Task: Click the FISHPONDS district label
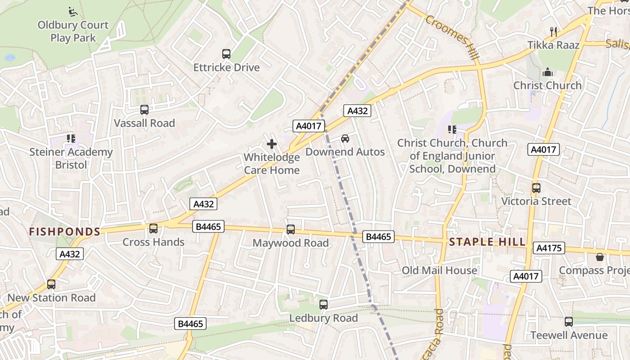pyautogui.click(x=64, y=232)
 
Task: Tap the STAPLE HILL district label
pyautogui.click(x=487, y=242)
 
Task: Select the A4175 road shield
pyautogui.click(x=549, y=248)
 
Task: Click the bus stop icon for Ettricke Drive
pyautogui.click(x=226, y=54)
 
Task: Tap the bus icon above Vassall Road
pyautogui.click(x=144, y=110)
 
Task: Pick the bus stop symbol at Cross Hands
pyautogui.click(x=153, y=229)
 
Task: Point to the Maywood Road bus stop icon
pyautogui.click(x=291, y=229)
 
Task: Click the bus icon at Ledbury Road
pyautogui.click(x=323, y=305)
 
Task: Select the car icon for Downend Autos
pyautogui.click(x=345, y=139)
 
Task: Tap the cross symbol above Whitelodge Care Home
pyautogui.click(x=272, y=144)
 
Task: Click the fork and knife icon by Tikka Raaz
pyautogui.click(x=553, y=31)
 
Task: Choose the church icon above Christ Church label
pyautogui.click(x=547, y=72)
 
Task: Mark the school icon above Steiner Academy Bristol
pyautogui.click(x=71, y=139)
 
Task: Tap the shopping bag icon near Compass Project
pyautogui.click(x=599, y=257)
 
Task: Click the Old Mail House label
pyautogui.click(x=439, y=270)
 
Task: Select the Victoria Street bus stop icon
pyautogui.click(x=536, y=188)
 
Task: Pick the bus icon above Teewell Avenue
pyautogui.click(x=569, y=322)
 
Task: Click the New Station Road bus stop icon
pyautogui.click(x=51, y=284)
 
